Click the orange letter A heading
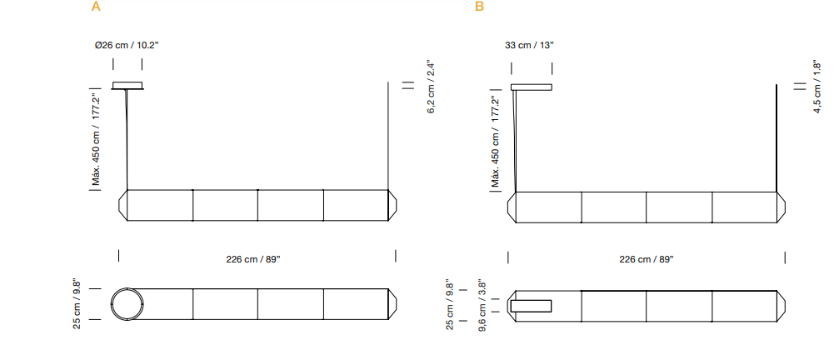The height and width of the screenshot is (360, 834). point(96,7)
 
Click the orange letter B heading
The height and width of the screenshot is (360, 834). point(479,7)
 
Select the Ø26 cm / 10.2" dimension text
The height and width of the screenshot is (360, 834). point(127,45)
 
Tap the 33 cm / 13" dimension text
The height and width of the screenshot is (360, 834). point(529,45)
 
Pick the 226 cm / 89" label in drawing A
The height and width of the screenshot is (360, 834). point(253,259)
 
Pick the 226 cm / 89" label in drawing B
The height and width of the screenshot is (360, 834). point(646,259)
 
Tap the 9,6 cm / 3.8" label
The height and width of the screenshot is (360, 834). point(482,306)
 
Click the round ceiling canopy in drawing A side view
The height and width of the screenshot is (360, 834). point(129,84)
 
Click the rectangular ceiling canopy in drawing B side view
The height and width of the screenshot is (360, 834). point(532,86)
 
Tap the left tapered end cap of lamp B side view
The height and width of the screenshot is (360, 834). point(512,207)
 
